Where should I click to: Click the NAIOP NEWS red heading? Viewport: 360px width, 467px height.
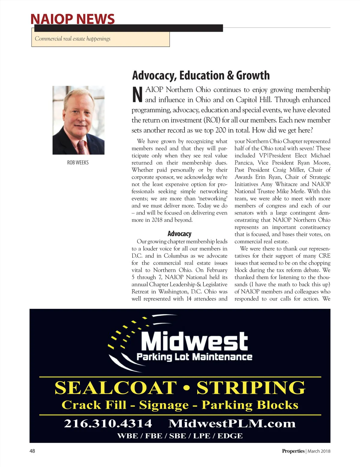click(73, 19)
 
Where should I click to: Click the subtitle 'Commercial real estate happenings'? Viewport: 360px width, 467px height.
click(73, 39)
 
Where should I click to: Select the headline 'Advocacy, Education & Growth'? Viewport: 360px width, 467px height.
click(201, 76)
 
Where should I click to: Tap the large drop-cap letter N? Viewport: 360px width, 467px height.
click(137, 95)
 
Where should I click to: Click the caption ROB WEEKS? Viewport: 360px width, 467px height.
click(78, 162)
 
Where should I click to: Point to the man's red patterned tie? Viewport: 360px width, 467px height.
click(82, 147)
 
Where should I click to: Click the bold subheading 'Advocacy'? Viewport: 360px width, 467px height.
click(179, 234)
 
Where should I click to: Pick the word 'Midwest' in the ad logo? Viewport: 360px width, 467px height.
click(194, 341)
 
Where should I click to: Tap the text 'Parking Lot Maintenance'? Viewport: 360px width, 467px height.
click(194, 357)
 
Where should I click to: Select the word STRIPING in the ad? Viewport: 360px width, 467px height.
click(251, 388)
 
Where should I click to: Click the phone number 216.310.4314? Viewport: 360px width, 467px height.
click(108, 424)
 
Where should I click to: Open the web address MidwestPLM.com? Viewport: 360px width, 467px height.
click(232, 424)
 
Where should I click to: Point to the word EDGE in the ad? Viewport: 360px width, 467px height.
click(230, 436)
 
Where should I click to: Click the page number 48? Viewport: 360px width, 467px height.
click(32, 451)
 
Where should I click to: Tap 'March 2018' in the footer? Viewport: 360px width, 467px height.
click(319, 451)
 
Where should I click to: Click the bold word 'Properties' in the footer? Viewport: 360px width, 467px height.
click(293, 451)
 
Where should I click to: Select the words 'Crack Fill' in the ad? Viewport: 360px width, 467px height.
click(94, 405)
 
